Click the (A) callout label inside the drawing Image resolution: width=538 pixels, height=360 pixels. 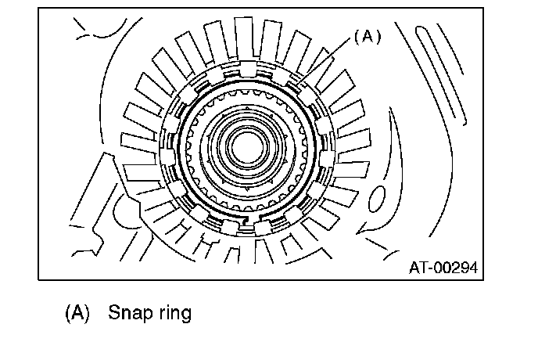tap(367, 37)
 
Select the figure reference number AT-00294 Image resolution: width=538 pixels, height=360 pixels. tap(443, 268)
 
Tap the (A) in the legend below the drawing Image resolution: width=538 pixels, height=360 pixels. tap(77, 313)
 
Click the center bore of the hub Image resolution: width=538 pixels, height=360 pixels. tap(244, 145)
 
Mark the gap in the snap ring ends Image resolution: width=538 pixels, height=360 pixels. tap(245, 222)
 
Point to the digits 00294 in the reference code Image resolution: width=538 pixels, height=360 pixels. tap(457, 268)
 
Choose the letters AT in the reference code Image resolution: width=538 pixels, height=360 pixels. tap(418, 268)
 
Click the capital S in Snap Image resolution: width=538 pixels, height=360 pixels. tap(113, 314)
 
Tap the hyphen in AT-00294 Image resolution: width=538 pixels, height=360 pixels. tap(430, 269)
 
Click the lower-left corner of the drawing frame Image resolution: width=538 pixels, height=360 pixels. tap(38, 279)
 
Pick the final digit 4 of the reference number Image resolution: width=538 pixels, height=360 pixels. tap(474, 268)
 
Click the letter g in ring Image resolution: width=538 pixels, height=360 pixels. tap(185, 315)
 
